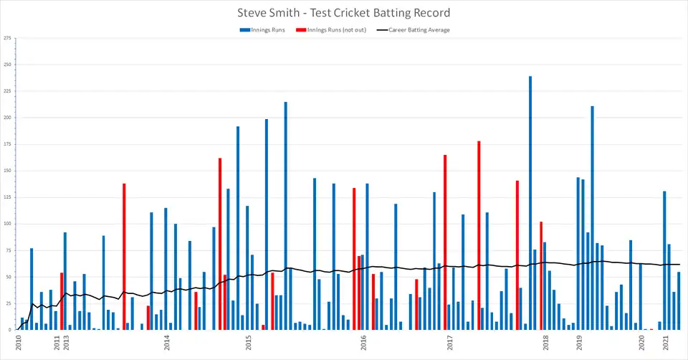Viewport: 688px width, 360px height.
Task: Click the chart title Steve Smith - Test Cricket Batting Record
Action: point(344,13)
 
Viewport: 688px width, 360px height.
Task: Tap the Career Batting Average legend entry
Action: point(419,30)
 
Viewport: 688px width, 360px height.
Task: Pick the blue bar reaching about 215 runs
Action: point(285,215)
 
